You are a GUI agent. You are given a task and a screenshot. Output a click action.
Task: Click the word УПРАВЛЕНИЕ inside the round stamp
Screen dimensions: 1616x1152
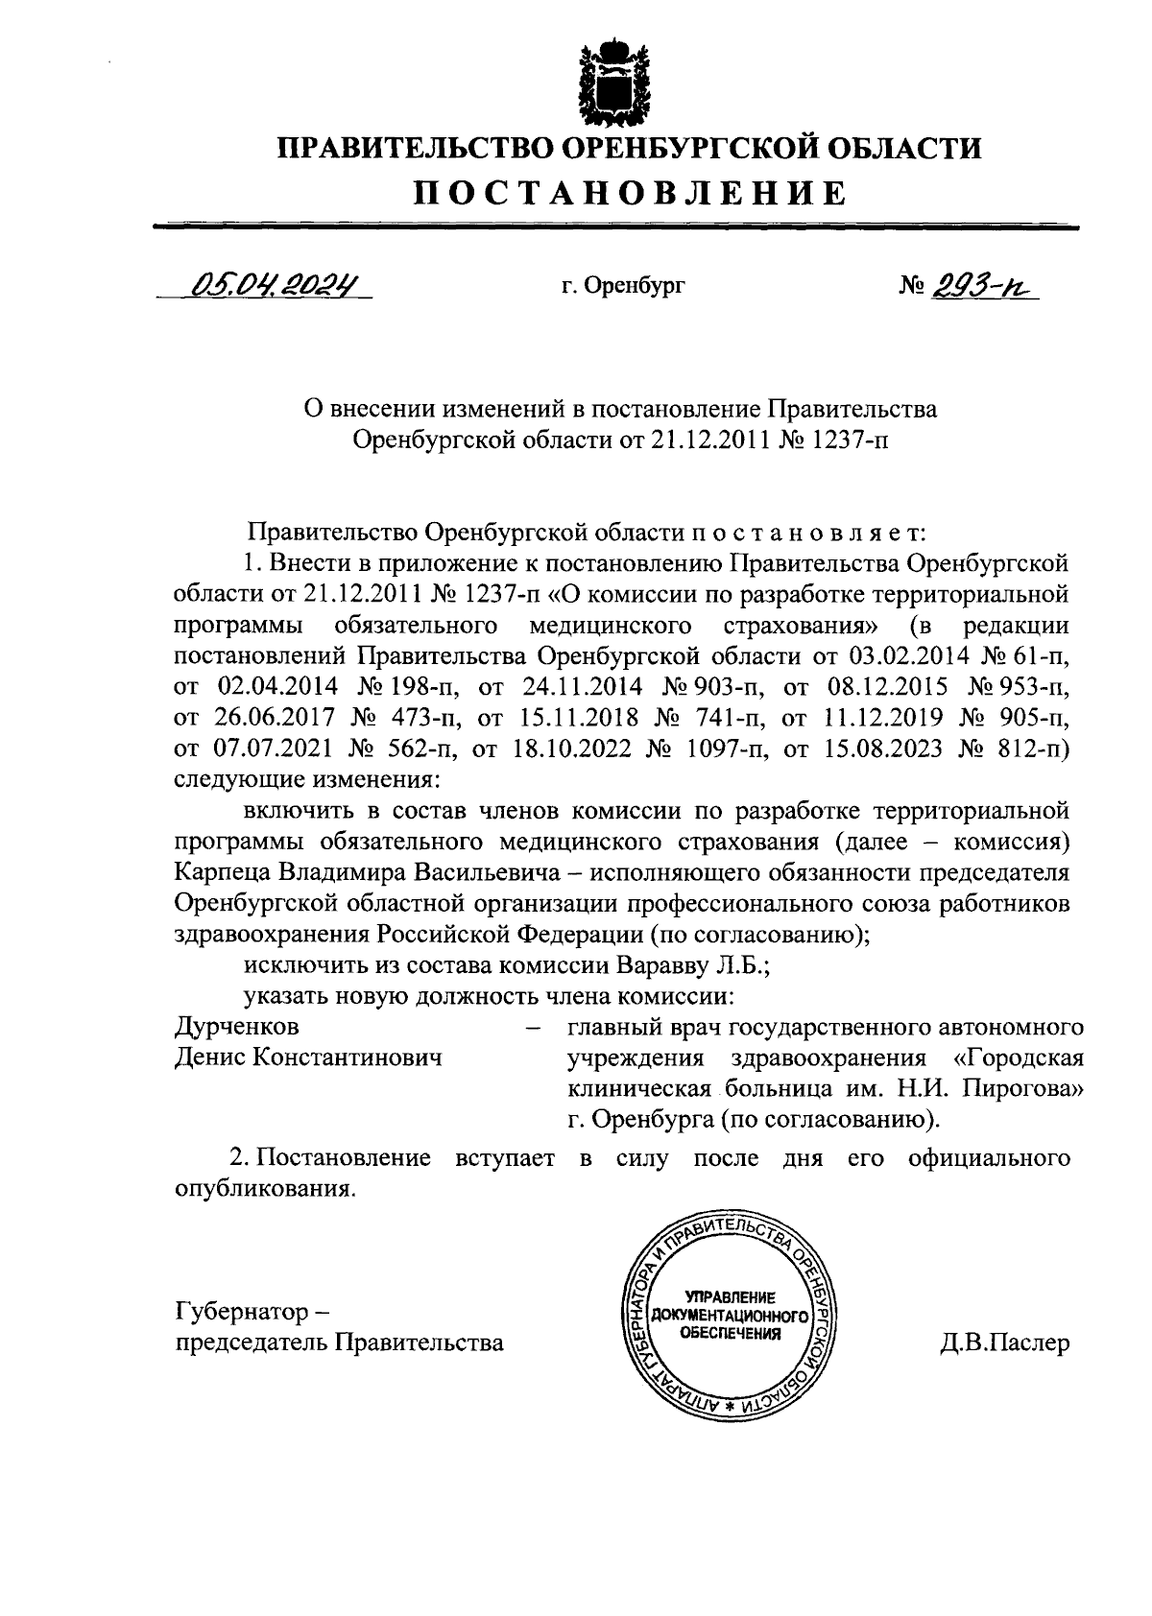pyautogui.click(x=730, y=1297)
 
